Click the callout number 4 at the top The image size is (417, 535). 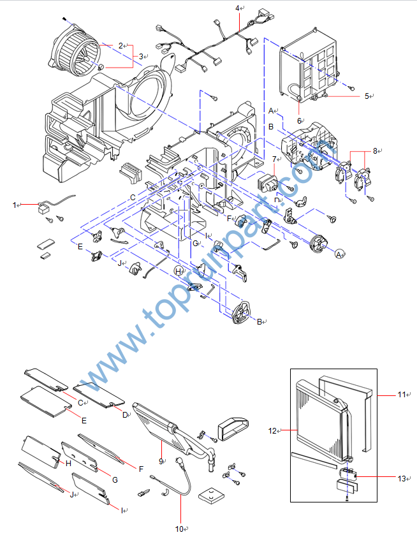click(x=237, y=8)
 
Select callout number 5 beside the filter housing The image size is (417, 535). click(x=367, y=96)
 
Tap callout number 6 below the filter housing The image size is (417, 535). click(x=298, y=120)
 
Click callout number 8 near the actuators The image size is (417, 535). click(x=376, y=151)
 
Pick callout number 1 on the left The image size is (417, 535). click(x=14, y=205)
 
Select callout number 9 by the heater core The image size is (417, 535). click(x=161, y=460)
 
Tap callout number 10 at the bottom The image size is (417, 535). click(x=179, y=529)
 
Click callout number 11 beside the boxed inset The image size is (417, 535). click(x=401, y=395)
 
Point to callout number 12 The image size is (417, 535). click(x=272, y=431)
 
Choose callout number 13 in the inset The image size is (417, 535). click(x=400, y=478)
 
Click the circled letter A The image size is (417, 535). click(x=340, y=254)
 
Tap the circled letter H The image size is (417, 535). click(x=179, y=271)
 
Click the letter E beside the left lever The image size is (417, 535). click(x=80, y=246)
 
